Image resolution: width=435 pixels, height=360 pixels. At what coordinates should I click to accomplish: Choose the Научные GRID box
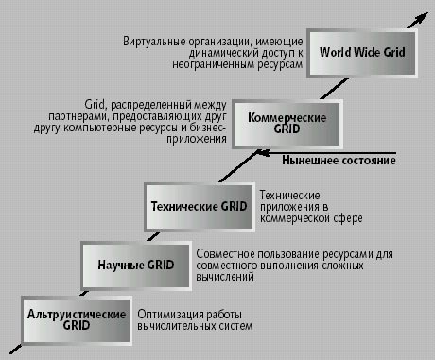pos(135,265)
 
